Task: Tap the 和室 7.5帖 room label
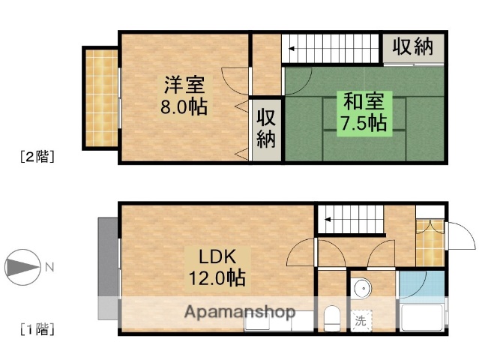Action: pyautogui.click(x=364, y=111)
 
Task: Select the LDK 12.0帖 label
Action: pyautogui.click(x=215, y=266)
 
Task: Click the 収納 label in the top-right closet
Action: pyautogui.click(x=412, y=46)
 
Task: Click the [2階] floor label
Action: pyautogui.click(x=36, y=157)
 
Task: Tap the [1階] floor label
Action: pyautogui.click(x=36, y=328)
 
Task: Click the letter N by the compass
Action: pyautogui.click(x=49, y=266)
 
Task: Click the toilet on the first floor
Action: pyautogui.click(x=331, y=318)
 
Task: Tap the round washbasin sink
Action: pyautogui.click(x=361, y=288)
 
